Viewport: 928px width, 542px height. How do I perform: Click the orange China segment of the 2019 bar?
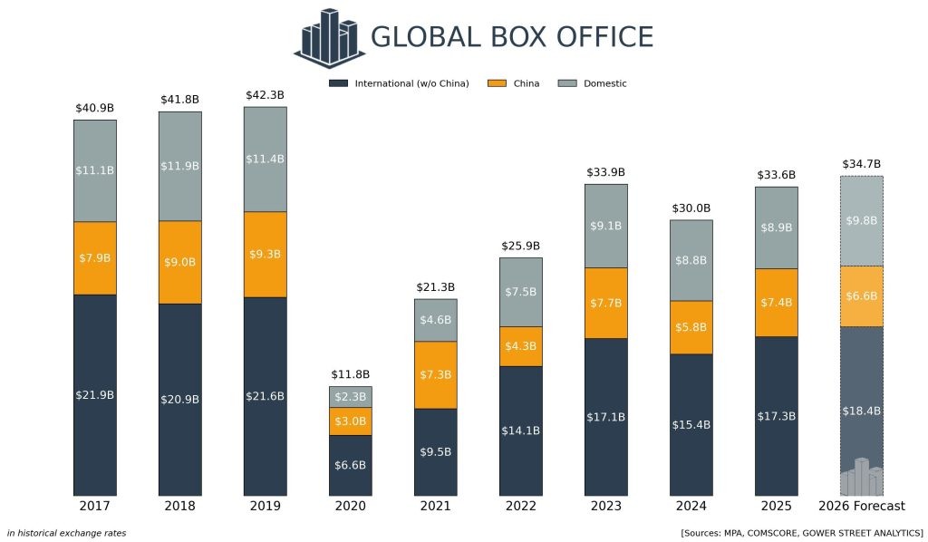pos(265,254)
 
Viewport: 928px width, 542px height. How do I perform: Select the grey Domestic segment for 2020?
pos(350,397)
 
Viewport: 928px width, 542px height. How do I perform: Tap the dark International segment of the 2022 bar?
pos(520,431)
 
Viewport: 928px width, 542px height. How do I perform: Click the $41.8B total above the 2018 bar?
pos(179,99)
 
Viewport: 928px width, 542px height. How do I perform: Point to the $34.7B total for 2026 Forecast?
pos(861,164)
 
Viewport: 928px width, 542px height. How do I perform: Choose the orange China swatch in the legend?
pos(497,83)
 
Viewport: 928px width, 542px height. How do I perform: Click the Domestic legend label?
pos(604,83)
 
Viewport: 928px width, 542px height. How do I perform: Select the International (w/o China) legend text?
pos(411,83)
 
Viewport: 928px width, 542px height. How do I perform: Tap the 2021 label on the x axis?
pos(435,506)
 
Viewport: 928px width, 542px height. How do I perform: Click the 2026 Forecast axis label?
pos(861,506)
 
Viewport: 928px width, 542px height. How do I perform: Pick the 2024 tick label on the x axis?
pos(691,506)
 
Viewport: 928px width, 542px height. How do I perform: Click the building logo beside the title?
pos(329,37)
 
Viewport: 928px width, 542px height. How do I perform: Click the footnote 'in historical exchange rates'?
pos(66,533)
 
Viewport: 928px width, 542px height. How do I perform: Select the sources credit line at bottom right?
pos(801,533)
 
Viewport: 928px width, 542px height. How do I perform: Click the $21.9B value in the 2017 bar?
pos(94,394)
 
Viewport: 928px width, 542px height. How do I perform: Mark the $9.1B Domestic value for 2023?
pos(605,226)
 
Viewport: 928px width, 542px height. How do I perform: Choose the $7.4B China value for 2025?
pos(776,302)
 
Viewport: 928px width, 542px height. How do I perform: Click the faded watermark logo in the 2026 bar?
pos(861,478)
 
